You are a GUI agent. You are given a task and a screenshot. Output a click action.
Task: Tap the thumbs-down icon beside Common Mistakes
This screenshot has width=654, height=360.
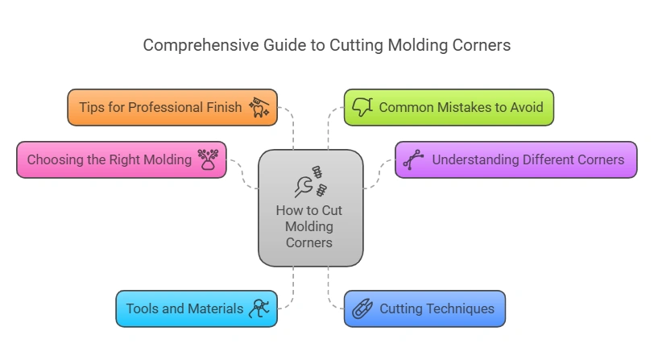point(362,107)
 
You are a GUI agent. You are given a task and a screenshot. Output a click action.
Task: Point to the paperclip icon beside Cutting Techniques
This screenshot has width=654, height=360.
point(362,308)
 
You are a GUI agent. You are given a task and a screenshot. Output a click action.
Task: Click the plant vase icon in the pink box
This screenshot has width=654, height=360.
point(209,159)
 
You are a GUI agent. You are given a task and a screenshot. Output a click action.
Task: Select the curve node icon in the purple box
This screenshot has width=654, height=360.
point(413,159)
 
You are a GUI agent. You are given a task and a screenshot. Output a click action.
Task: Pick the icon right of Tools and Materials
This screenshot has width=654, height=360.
point(260,308)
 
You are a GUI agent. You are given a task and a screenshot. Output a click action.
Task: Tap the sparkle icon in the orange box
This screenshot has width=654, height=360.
point(259,106)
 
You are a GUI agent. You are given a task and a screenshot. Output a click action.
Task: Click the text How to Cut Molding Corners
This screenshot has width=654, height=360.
point(309,226)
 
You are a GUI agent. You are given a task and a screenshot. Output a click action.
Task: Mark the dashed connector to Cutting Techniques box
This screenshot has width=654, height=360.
point(329,290)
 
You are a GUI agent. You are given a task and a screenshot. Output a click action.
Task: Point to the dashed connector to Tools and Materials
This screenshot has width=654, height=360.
point(292,290)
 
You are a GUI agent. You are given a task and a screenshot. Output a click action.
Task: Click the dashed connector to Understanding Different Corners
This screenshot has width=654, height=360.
point(379,174)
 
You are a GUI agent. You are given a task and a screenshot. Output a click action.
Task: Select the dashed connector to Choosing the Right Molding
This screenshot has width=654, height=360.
point(242,172)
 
